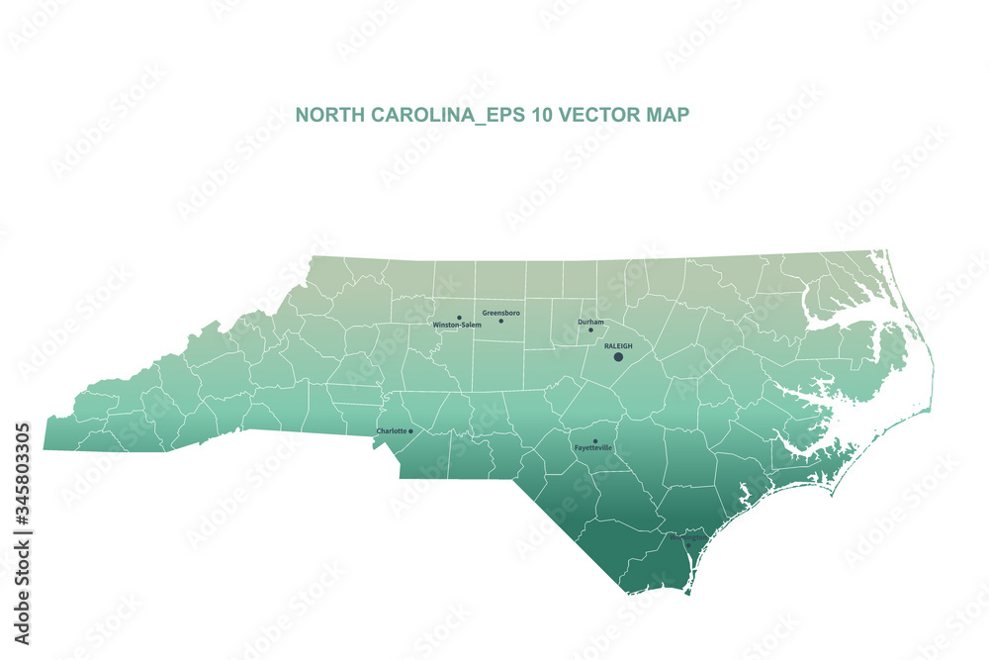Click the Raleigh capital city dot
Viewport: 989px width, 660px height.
click(618, 356)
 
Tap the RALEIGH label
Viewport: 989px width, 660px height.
click(618, 345)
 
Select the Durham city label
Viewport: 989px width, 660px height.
click(590, 322)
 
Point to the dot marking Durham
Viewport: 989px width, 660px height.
click(591, 330)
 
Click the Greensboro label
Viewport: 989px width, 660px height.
click(500, 313)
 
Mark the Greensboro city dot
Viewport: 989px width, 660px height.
click(500, 321)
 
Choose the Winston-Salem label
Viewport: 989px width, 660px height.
click(457, 325)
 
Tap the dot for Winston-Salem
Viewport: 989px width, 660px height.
click(459, 318)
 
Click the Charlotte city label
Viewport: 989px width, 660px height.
click(392, 431)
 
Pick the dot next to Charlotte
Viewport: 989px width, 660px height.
click(410, 431)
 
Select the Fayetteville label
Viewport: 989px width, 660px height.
click(593, 448)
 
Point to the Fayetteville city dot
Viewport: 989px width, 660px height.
click(594, 441)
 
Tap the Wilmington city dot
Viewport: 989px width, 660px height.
click(688, 545)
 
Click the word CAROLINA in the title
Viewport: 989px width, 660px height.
click(419, 115)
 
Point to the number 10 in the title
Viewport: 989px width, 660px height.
click(541, 115)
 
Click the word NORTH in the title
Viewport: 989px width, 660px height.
click(329, 115)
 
